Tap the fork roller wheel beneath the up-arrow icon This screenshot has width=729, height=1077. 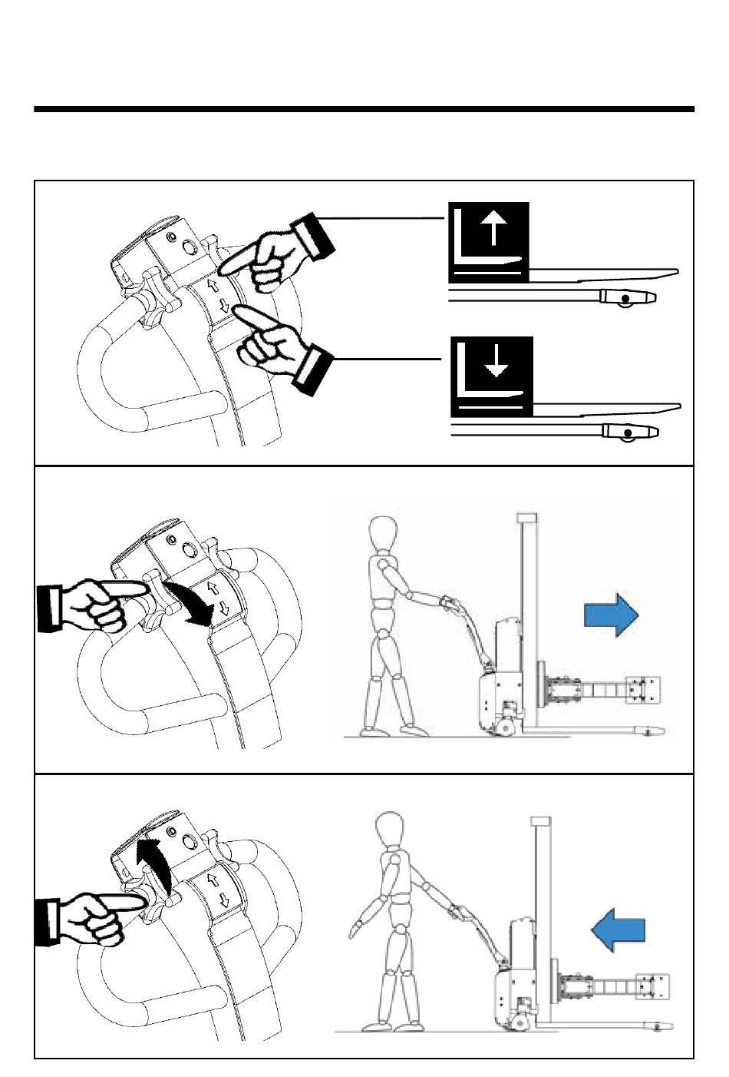[x=627, y=298]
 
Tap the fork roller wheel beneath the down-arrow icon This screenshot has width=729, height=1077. [x=630, y=432]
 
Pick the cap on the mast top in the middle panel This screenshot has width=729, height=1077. [x=526, y=518]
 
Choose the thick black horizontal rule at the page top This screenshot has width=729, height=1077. [x=364, y=110]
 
